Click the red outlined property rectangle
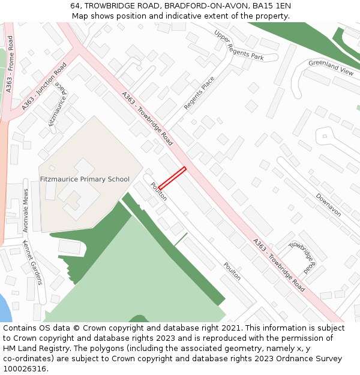172,178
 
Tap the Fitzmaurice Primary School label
85,179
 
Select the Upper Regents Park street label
239,46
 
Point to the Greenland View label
331,67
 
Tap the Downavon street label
328,205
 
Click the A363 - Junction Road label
44,87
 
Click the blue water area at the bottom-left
4,308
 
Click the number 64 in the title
74,5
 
